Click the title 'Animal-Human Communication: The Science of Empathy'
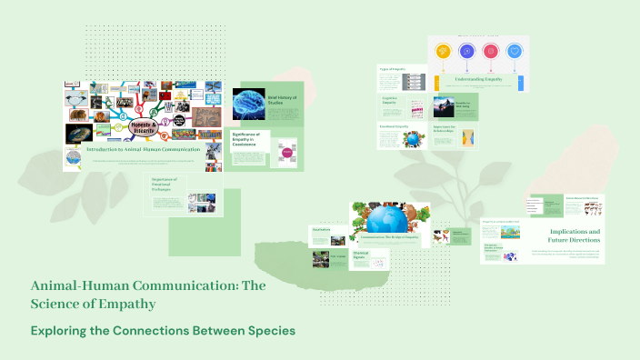click(x=147, y=294)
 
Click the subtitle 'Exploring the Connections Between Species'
click(x=164, y=330)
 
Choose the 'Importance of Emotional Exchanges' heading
click(x=169, y=185)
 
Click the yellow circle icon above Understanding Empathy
click(x=444, y=52)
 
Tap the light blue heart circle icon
click(x=515, y=52)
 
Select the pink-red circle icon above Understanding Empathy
click(x=492, y=52)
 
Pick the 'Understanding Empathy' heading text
click(x=479, y=80)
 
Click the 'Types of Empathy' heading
click(x=393, y=69)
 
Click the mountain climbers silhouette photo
click(x=468, y=107)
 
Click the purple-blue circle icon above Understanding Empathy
click(x=467, y=52)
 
